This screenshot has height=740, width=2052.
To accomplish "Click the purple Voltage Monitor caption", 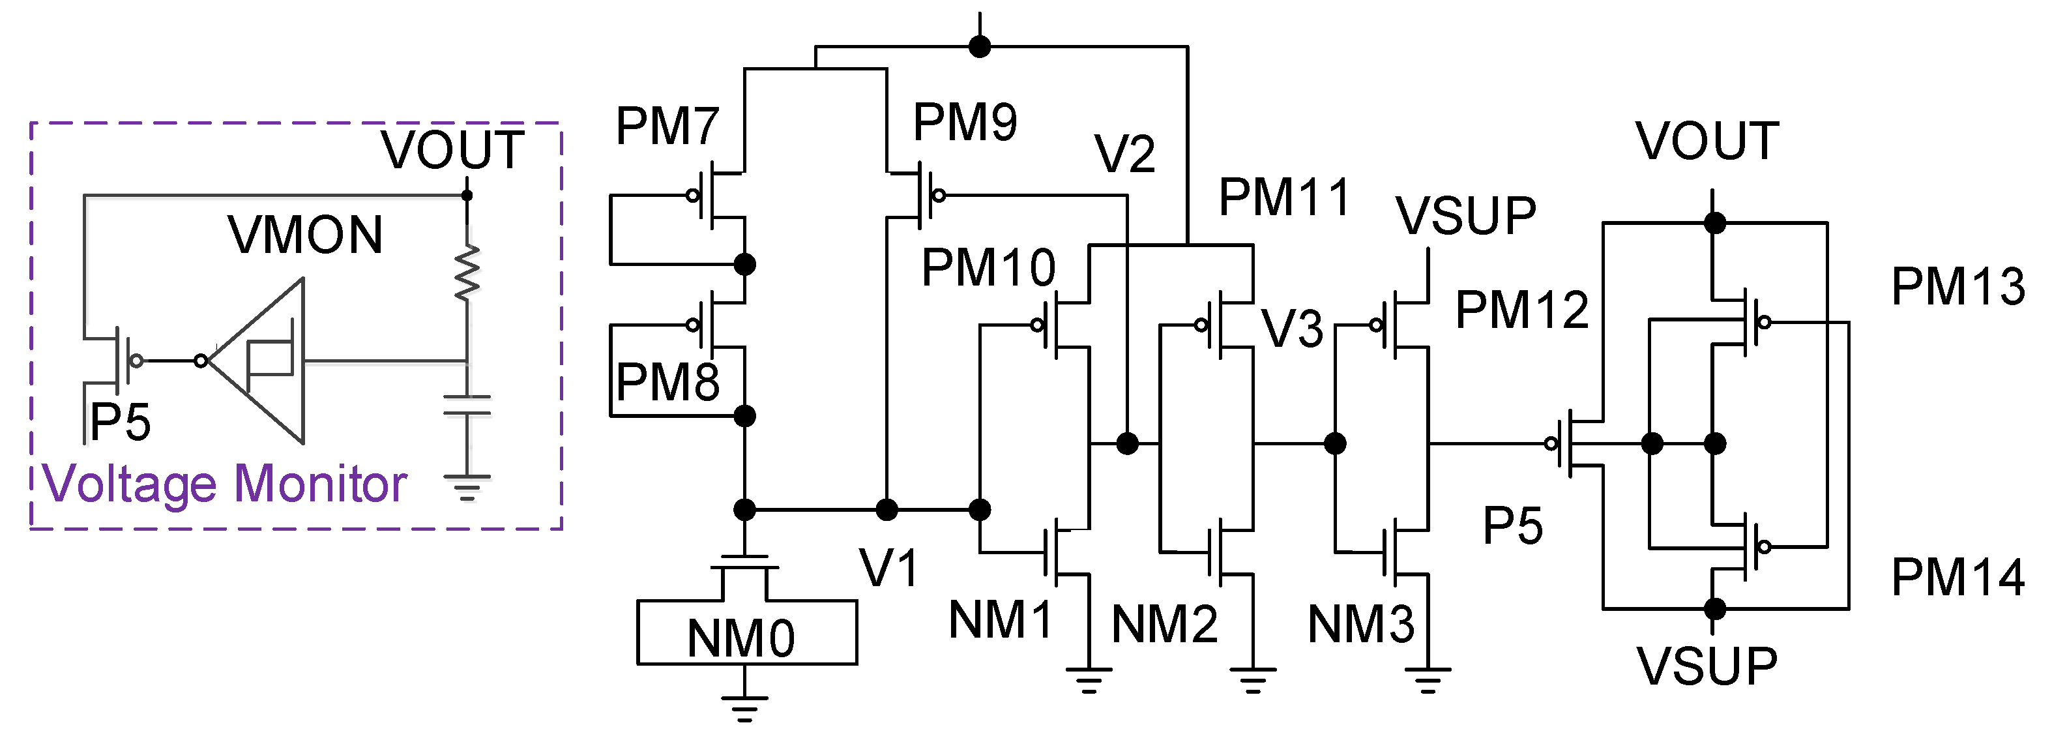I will pyautogui.click(x=225, y=484).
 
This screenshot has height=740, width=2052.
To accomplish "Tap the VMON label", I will pyautogui.click(x=305, y=236).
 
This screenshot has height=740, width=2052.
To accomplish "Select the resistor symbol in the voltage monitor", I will pyautogui.click(x=467, y=273).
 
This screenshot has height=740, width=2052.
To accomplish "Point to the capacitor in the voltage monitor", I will pyautogui.click(x=467, y=406).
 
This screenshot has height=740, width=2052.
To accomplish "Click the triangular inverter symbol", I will pyautogui.click(x=263, y=361).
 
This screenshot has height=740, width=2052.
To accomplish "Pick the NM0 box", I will pyautogui.click(x=746, y=632).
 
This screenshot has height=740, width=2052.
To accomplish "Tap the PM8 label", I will pyautogui.click(x=667, y=382).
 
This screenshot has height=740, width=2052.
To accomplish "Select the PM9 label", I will pyautogui.click(x=965, y=123).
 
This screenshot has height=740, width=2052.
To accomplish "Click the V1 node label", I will pyautogui.click(x=889, y=569).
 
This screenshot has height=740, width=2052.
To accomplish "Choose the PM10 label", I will pyautogui.click(x=988, y=268).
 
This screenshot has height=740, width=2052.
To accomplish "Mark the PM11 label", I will pyautogui.click(x=1284, y=198).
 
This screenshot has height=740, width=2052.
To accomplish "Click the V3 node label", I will pyautogui.click(x=1292, y=329).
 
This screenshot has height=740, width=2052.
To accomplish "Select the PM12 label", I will pyautogui.click(x=1521, y=310).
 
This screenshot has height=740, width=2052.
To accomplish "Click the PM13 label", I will pyautogui.click(x=1957, y=287).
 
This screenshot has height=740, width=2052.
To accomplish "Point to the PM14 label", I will pyautogui.click(x=1957, y=578).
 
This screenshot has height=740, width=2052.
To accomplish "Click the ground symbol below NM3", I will pyautogui.click(x=1428, y=679).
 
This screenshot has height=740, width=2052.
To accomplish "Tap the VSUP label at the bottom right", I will pyautogui.click(x=1707, y=667).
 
